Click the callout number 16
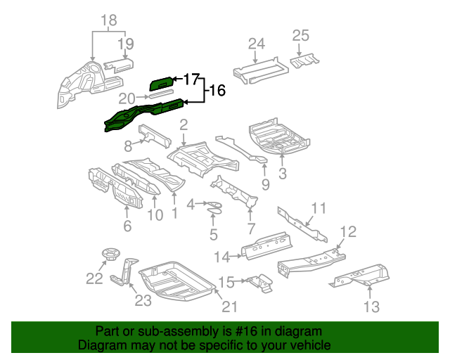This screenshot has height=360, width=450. pos(217,90)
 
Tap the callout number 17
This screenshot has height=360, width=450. pos(191,79)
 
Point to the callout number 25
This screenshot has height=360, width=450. pos(300,35)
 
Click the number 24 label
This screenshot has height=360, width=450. pos(256,44)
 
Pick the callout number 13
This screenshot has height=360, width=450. pos(371,306)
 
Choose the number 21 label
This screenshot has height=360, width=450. pos(230,306)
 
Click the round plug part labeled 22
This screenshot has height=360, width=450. pos(108,253)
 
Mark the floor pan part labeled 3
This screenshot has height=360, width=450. pos(279,138)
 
